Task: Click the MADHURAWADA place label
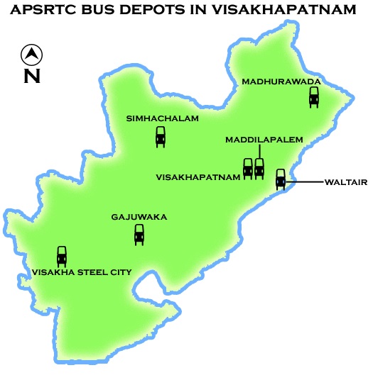[281, 82]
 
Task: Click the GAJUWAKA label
[139, 217]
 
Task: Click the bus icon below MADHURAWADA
[314, 97]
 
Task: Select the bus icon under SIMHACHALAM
[161, 136]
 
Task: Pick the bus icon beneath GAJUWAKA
[139, 234]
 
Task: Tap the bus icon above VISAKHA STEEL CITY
[62, 256]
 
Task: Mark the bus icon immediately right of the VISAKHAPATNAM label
[248, 168]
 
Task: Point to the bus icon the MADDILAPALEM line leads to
[259, 168]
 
